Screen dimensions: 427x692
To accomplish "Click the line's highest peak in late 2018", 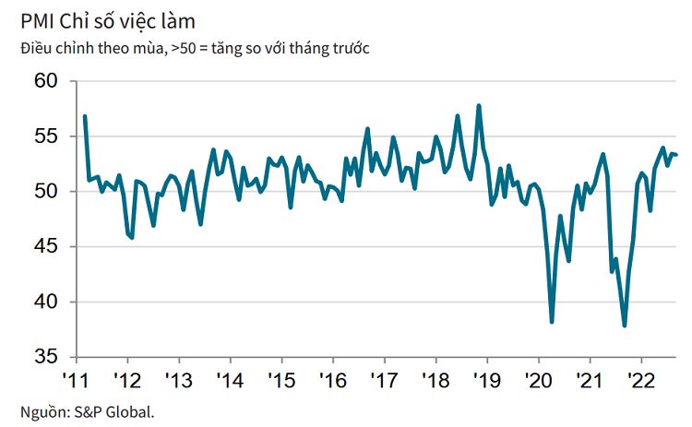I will pyautogui.click(x=479, y=106).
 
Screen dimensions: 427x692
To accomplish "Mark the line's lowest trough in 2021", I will pyautogui.click(x=625, y=326).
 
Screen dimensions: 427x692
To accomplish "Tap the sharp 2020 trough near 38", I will pyautogui.click(x=552, y=322).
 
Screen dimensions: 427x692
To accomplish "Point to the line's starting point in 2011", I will pyautogui.click(x=85, y=116).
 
